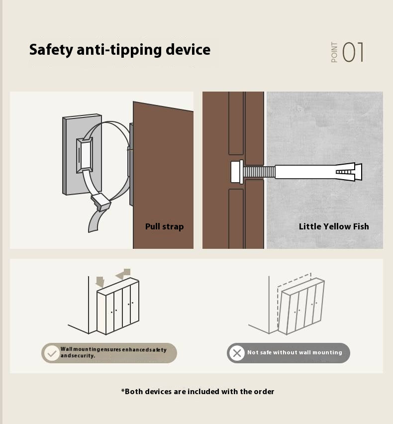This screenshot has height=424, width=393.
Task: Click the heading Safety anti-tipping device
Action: (120, 50)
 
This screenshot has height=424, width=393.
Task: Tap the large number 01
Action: (353, 52)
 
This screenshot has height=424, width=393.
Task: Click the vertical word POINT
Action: (334, 52)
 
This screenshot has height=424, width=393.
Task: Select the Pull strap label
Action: (164, 226)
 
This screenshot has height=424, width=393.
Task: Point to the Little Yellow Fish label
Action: (334, 226)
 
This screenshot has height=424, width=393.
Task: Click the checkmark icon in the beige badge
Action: (52, 353)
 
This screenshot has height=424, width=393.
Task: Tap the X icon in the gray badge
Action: (237, 353)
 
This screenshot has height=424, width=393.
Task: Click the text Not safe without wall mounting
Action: (295, 352)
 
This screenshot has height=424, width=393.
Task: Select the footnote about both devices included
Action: (197, 392)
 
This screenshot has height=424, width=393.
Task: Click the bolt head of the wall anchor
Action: (237, 172)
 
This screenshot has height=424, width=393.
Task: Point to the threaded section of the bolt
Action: (259, 172)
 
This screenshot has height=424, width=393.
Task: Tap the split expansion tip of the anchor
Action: (349, 172)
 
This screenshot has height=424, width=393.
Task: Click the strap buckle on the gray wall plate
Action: (85, 155)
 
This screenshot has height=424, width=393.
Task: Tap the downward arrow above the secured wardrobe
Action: (100, 282)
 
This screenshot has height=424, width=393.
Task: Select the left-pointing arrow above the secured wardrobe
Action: (123, 274)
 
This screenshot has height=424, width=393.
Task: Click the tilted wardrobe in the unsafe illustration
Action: (301, 306)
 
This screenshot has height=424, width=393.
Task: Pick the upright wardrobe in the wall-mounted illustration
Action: (118, 306)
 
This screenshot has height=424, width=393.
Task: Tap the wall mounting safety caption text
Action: (113, 352)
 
